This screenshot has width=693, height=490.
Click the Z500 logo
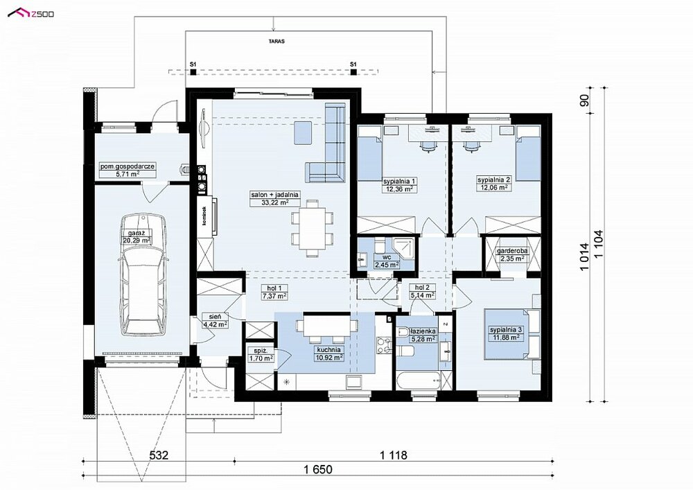[30, 13]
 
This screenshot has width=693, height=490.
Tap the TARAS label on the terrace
[276, 41]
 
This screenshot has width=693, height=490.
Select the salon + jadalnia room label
[275, 195]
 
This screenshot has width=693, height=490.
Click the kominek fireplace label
[204, 216]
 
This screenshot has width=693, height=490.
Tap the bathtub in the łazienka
[418, 382]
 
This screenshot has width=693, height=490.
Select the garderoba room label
[512, 251]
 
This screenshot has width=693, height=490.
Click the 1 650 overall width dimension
[318, 469]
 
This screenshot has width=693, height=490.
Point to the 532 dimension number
[159, 455]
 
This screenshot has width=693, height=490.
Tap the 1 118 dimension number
[393, 455]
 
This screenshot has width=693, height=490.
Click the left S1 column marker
[193, 71]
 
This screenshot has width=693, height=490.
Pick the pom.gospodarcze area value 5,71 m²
[127, 174]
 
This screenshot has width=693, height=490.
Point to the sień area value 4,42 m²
[215, 324]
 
